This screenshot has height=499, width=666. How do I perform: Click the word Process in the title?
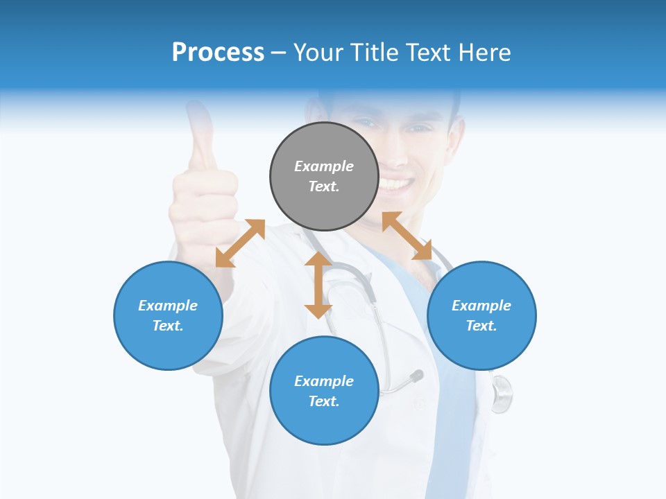(218, 53)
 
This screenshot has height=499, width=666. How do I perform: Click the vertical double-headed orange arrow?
(318, 285)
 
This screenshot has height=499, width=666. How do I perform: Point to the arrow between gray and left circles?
(240, 243)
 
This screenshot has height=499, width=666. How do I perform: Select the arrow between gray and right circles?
(407, 236)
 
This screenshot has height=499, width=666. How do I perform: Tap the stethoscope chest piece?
(501, 394)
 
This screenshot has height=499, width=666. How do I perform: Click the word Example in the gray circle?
(324, 166)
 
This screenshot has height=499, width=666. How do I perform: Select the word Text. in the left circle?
(168, 326)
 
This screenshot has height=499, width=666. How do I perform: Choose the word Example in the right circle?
(481, 306)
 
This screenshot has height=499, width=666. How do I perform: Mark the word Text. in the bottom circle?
(324, 401)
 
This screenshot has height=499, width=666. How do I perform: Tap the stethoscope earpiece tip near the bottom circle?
(417, 376)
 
